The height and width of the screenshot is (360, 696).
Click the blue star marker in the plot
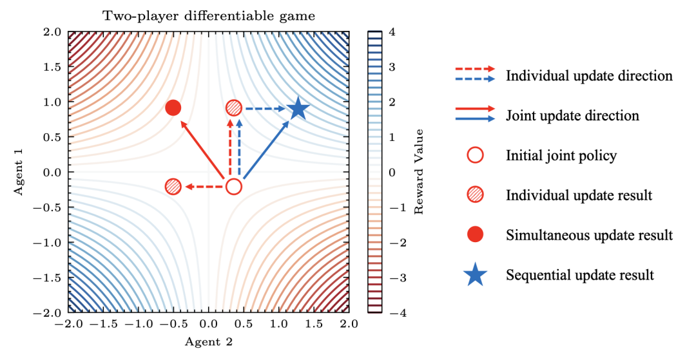(x=298, y=109)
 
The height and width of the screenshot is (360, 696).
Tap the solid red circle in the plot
(x=173, y=108)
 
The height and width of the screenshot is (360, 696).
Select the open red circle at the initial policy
(x=233, y=187)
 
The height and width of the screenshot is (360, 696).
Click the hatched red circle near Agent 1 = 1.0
(x=234, y=108)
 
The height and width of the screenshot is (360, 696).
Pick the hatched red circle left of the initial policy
(x=173, y=187)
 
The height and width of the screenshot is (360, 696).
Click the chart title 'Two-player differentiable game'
(x=209, y=16)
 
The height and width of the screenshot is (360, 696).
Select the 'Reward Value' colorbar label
(x=420, y=172)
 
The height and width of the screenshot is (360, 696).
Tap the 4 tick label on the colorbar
(x=392, y=31)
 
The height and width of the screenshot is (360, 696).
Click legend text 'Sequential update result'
(x=580, y=275)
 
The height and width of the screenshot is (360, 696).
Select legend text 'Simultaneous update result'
(x=589, y=235)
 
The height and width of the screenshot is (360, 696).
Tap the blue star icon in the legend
(x=476, y=275)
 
